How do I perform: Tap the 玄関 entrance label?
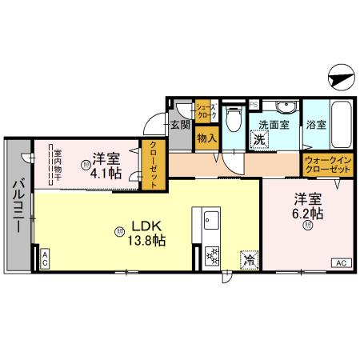click(x=179, y=125)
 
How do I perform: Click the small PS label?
click(x=254, y=104)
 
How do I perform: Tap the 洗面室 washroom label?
click(x=273, y=125)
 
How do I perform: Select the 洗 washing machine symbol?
click(x=260, y=139)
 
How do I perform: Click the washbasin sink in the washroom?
click(x=284, y=107)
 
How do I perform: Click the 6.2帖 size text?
click(x=307, y=214)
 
